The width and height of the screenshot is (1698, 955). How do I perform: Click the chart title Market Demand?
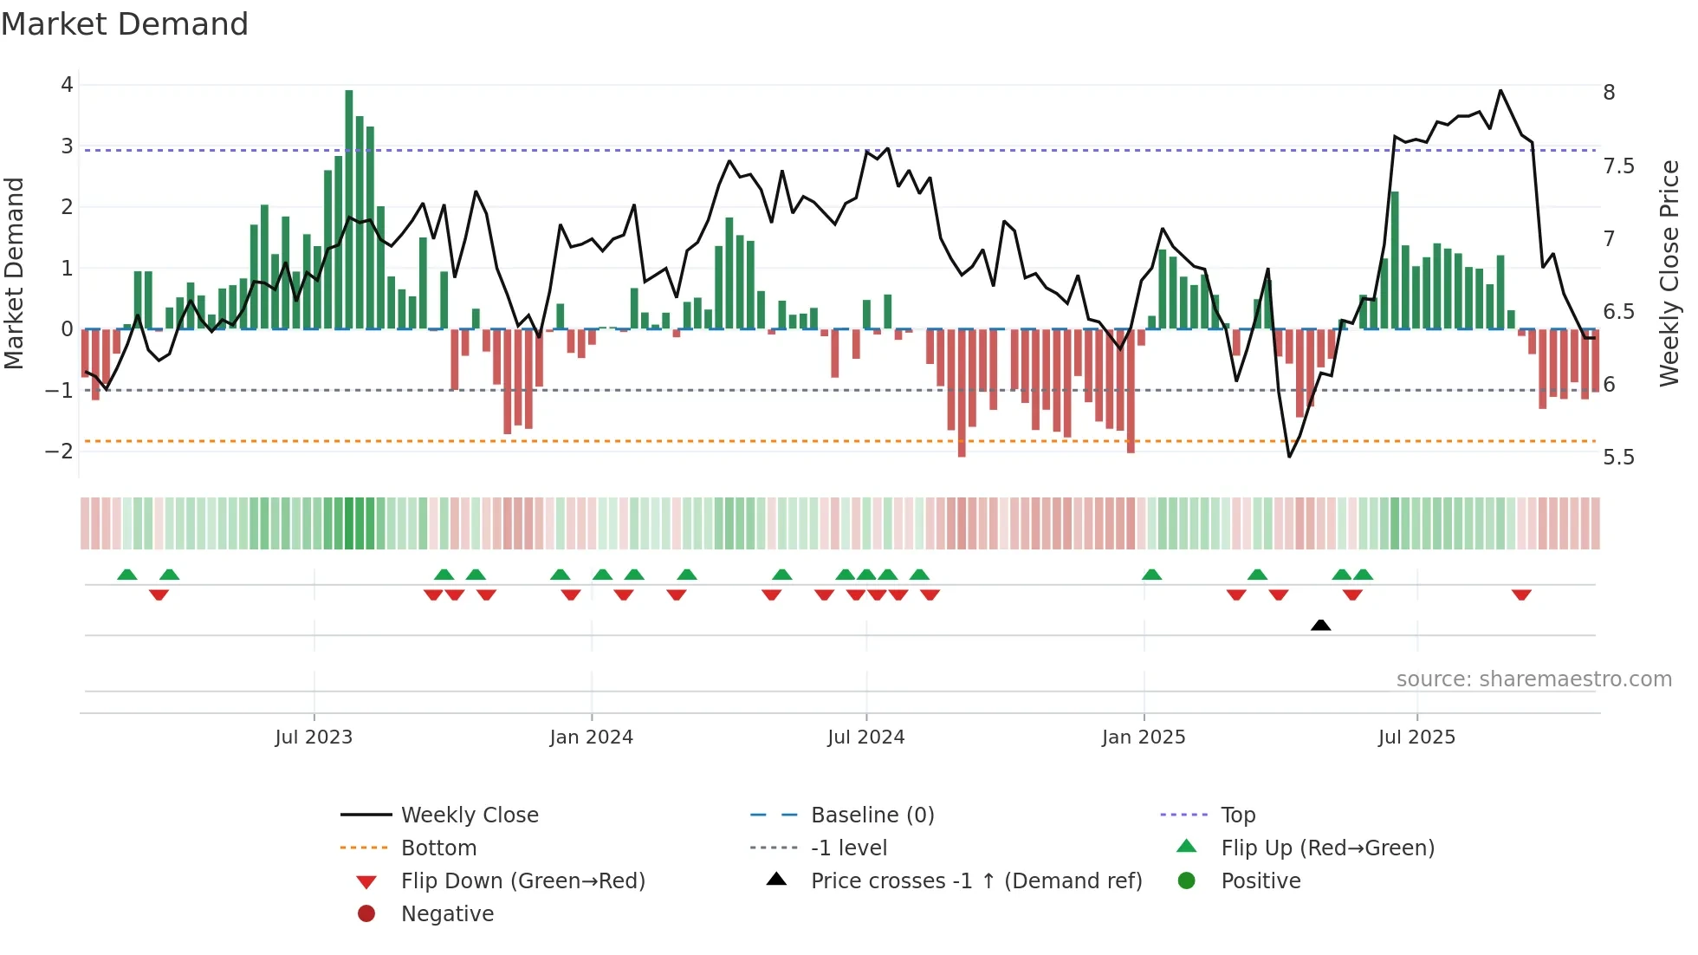(125, 24)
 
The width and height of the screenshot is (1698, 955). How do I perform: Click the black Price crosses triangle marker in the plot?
(1320, 625)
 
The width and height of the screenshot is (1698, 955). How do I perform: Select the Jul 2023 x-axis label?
(314, 737)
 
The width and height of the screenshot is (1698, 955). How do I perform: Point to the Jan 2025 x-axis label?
(1144, 737)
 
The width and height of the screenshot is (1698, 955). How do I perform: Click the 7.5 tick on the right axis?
(1617, 166)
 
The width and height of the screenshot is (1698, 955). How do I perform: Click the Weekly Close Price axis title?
(1669, 273)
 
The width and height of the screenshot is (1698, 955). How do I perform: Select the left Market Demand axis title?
(15, 273)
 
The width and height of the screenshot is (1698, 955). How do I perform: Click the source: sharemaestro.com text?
(1533, 679)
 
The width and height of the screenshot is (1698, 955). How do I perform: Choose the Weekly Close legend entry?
(469, 815)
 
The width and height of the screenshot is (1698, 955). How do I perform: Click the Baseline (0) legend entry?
(872, 815)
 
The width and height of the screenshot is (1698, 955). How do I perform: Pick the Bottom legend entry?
(438, 848)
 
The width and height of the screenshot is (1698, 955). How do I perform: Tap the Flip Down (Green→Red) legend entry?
(522, 881)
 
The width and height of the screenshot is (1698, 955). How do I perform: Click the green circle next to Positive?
(1187, 881)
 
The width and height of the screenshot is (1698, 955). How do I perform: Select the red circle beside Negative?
(366, 914)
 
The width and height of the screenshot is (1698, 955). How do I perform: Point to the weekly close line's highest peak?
(1500, 91)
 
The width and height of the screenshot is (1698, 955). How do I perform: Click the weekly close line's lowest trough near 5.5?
(1289, 456)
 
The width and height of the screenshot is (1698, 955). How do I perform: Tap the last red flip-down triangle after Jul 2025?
(1521, 594)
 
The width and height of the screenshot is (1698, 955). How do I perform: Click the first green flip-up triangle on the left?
(127, 575)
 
